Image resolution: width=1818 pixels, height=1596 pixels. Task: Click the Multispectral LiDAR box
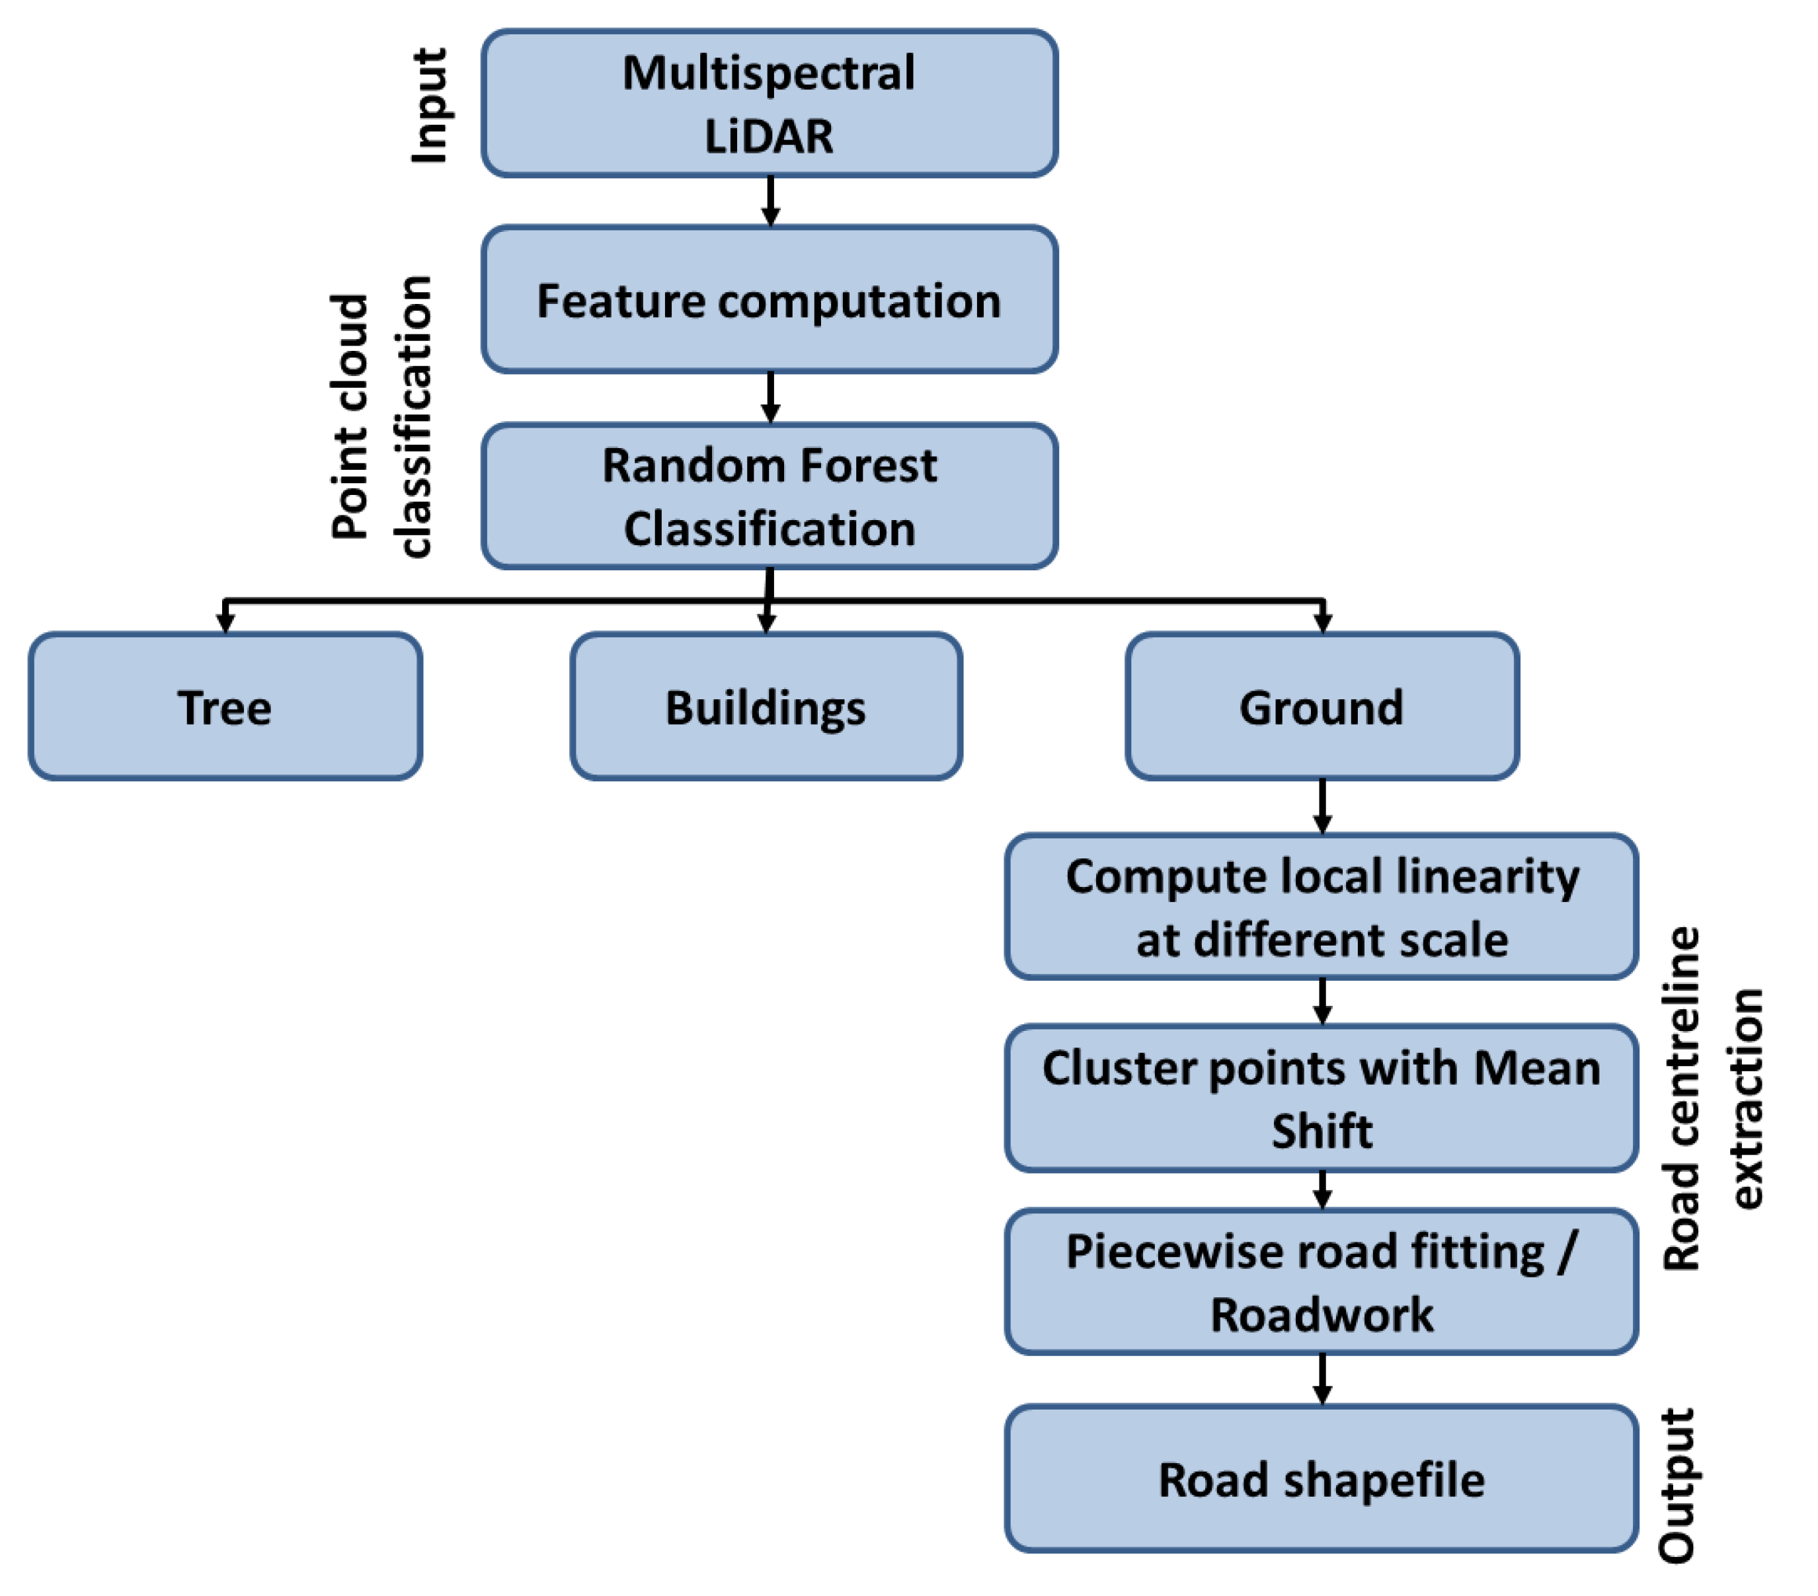tap(770, 103)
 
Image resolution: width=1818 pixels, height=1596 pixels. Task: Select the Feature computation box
tap(770, 299)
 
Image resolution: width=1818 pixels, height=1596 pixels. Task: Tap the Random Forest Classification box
tap(770, 496)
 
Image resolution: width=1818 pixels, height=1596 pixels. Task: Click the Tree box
tap(225, 707)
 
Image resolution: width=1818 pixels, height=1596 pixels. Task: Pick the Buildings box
tap(766, 707)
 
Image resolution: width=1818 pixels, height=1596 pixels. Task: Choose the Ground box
tap(1322, 707)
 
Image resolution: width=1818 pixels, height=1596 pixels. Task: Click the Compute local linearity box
tap(1322, 907)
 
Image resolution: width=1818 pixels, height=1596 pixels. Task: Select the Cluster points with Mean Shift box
tap(1322, 1098)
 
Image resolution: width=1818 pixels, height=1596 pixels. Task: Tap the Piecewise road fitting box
tap(1322, 1281)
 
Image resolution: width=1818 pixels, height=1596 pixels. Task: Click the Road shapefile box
tap(1322, 1480)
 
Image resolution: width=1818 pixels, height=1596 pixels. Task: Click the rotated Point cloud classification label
tap(381, 416)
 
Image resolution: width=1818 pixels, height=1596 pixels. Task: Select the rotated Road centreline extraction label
tap(1712, 1098)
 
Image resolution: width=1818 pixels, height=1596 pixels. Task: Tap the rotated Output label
tap(1677, 1485)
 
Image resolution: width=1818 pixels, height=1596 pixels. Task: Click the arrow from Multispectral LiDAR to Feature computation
tap(770, 201)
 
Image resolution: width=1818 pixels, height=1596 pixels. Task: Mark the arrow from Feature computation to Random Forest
tap(770, 397)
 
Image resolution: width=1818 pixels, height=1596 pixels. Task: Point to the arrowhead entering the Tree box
tap(225, 623)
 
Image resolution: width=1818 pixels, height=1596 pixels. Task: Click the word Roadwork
tap(1322, 1314)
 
